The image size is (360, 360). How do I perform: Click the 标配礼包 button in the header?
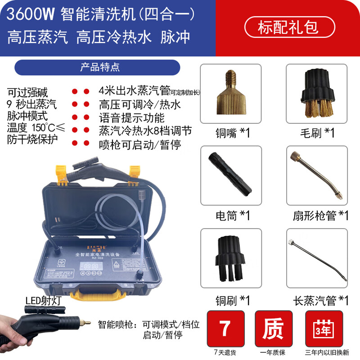pos(288,27)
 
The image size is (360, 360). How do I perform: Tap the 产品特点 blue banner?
pos(97,67)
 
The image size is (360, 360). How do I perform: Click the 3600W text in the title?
pos(31,14)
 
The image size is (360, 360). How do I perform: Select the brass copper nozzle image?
pos(230,93)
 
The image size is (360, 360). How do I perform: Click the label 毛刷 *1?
pos(317,133)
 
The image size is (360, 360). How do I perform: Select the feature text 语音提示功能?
pos(131,118)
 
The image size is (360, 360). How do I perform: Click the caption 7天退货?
pos(225,352)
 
